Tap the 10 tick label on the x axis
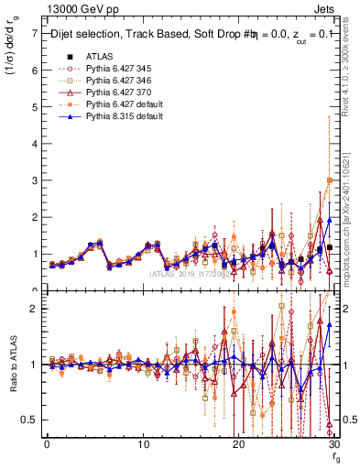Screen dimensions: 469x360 [x=143, y=444]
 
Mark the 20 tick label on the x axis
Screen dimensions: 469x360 [x=238, y=444]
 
